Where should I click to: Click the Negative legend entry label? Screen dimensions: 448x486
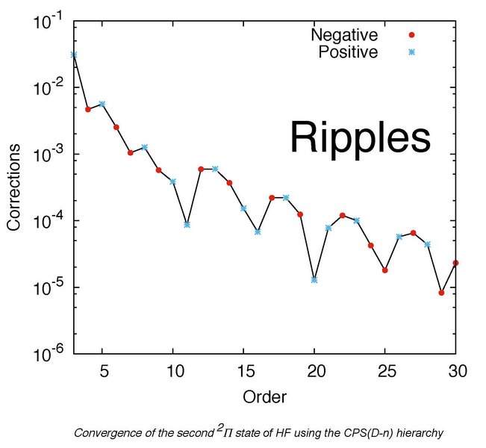pos(344,35)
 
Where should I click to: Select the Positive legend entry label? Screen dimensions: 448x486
pos(348,52)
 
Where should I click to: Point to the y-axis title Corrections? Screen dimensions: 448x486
pos(14,188)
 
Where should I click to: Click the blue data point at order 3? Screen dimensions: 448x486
pos(73,55)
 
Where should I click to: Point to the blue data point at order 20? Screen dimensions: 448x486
pos(314,280)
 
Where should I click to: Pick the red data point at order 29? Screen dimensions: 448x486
pos(441,293)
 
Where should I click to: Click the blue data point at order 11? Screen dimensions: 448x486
pos(187,225)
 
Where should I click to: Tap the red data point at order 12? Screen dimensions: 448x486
pos(201,169)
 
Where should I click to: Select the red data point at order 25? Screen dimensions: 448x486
pos(384,270)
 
